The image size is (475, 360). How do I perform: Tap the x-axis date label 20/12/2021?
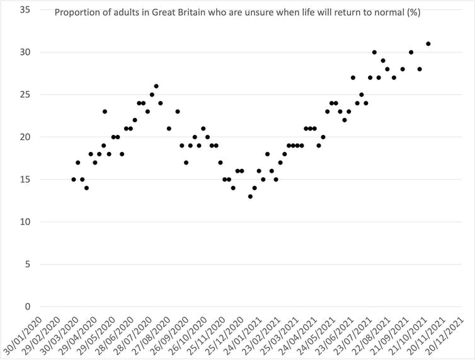(x=451, y=334)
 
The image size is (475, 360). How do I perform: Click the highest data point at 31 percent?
(x=428, y=44)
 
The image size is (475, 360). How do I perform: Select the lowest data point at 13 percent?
(x=250, y=196)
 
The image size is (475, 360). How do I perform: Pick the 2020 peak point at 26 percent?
(x=156, y=86)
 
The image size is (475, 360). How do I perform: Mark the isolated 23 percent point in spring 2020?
(x=105, y=112)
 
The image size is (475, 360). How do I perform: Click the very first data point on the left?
(x=74, y=180)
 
